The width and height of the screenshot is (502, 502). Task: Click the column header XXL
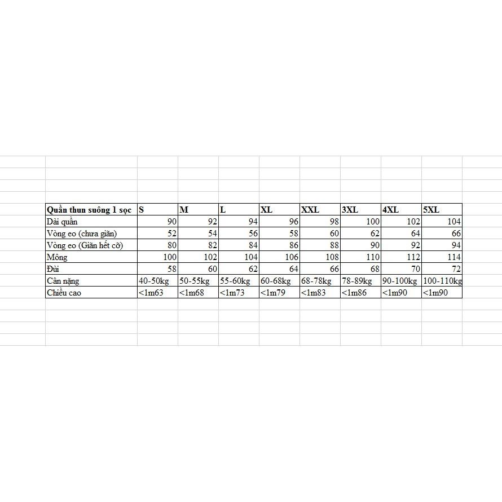point(310,210)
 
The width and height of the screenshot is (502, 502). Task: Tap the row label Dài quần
point(62,222)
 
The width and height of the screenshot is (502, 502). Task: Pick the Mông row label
point(58,257)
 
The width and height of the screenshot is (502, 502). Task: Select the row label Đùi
point(54,269)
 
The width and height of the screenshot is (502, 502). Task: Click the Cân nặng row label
point(63,281)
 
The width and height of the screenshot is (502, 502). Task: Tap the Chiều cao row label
point(64,293)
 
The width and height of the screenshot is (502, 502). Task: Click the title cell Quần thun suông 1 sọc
point(89,210)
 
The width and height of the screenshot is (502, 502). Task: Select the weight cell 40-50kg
point(154,281)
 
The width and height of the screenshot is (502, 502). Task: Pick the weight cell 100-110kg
point(442,281)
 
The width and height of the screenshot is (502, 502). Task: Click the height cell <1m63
point(151,293)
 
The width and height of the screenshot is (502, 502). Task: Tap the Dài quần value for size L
point(251,222)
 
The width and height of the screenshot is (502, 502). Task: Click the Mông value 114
point(453,257)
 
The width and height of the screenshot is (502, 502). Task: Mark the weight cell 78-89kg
point(358,281)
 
